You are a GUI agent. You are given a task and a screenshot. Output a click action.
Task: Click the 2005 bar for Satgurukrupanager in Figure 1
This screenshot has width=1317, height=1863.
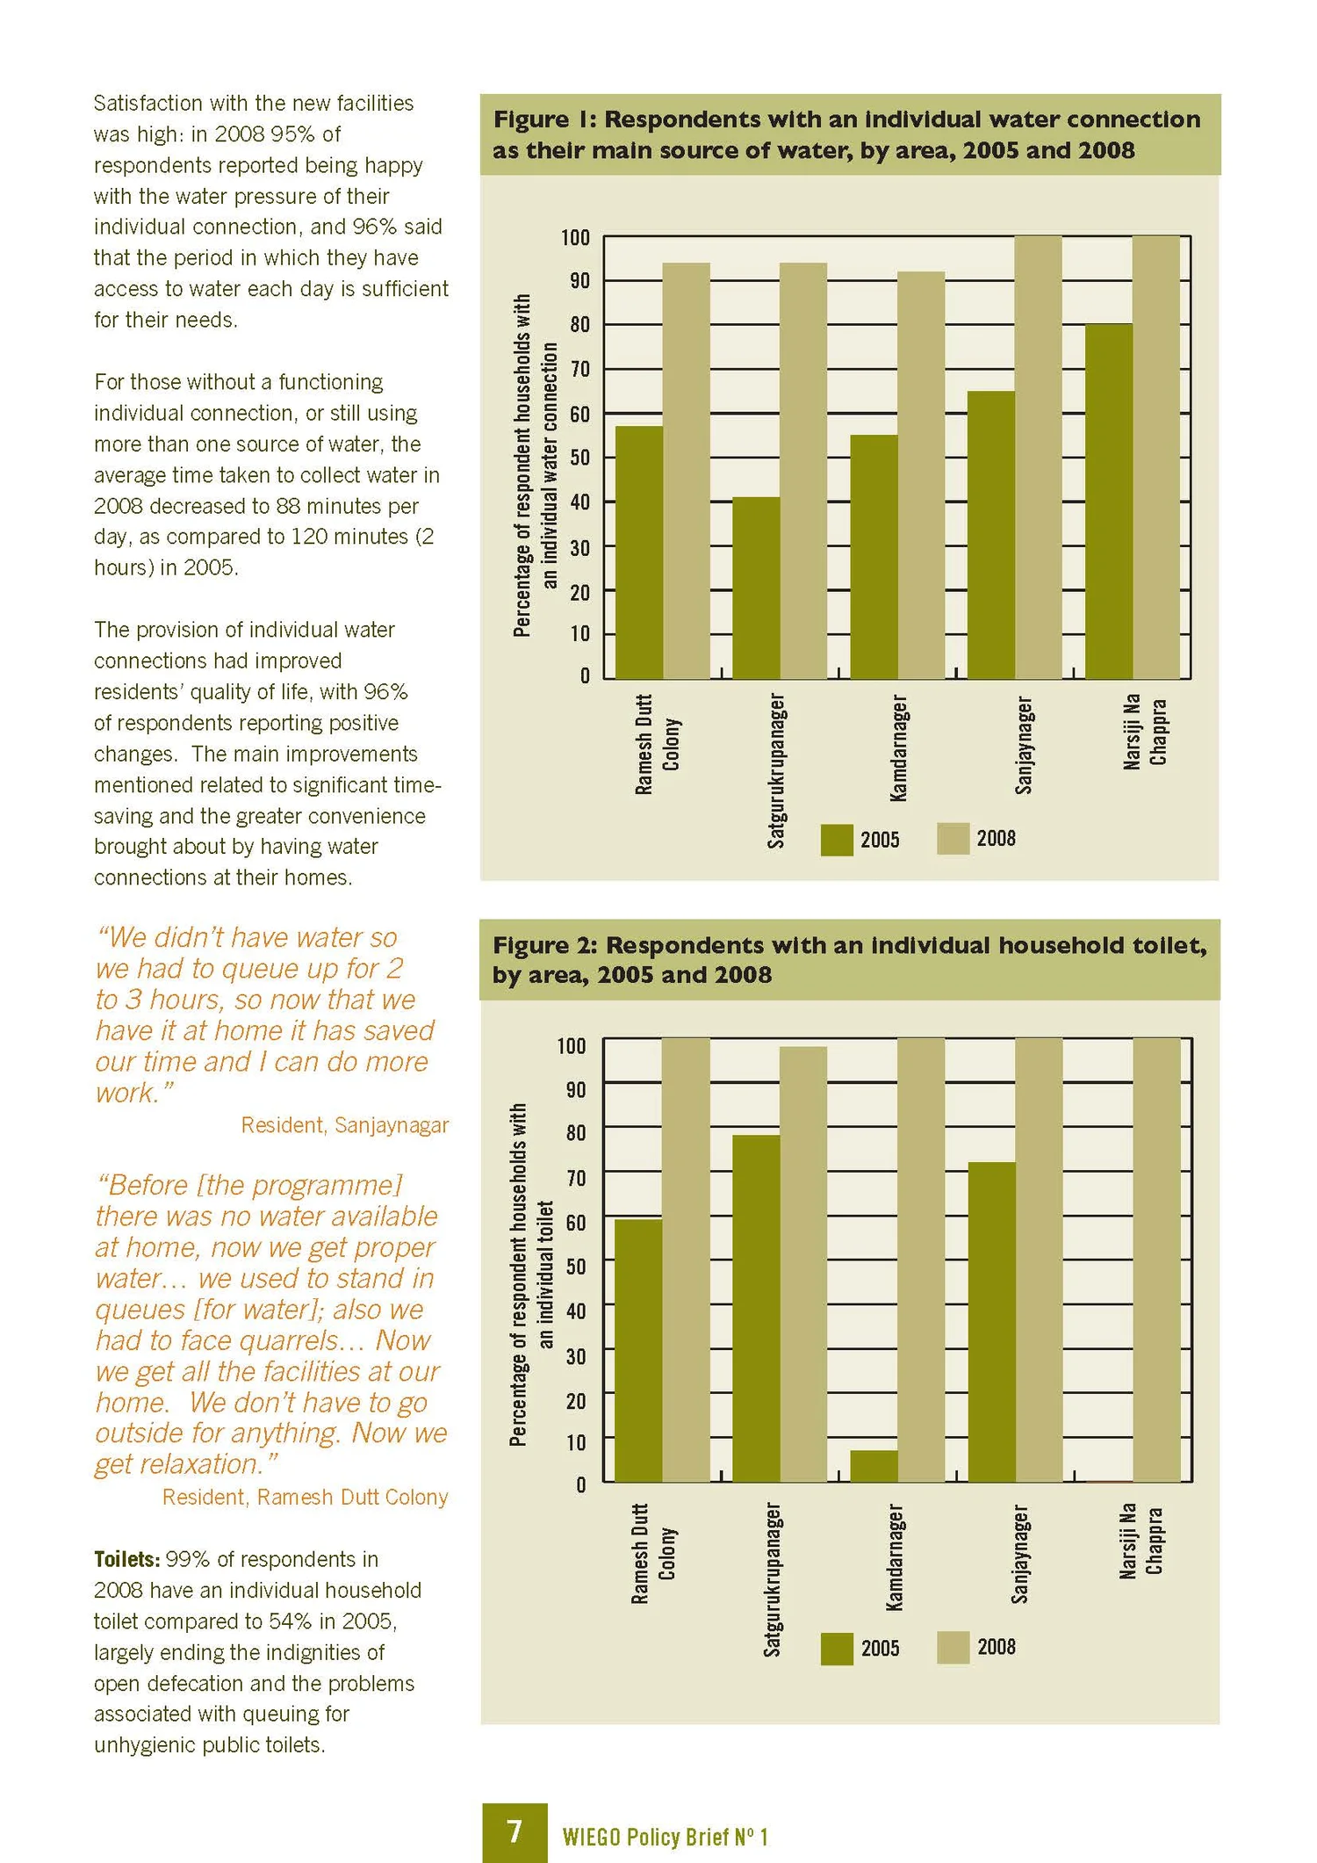click(756, 588)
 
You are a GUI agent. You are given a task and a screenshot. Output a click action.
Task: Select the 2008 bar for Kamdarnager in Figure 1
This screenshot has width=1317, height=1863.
click(921, 474)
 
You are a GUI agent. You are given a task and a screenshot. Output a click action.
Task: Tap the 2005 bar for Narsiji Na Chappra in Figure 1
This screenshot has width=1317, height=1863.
click(1109, 501)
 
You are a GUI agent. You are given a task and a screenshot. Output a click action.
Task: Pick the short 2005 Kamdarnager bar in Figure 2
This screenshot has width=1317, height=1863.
click(874, 1466)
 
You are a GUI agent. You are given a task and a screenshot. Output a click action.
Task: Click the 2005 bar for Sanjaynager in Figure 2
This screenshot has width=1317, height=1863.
click(992, 1322)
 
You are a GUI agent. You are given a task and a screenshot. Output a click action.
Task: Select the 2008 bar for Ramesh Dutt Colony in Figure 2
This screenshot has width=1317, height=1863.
click(686, 1260)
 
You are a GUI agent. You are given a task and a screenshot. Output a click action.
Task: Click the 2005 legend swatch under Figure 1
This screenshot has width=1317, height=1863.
click(837, 840)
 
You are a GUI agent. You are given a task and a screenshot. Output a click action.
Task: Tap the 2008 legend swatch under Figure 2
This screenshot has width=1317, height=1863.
click(954, 1648)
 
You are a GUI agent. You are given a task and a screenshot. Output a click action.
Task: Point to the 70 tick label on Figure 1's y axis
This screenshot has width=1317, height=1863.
click(579, 369)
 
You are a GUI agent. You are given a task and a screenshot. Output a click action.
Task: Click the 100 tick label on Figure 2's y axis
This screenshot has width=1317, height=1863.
click(572, 1046)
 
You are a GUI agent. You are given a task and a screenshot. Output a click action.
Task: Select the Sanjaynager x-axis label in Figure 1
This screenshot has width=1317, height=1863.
click(1024, 745)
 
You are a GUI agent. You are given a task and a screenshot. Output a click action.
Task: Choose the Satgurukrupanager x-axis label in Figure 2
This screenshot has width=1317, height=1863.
click(772, 1580)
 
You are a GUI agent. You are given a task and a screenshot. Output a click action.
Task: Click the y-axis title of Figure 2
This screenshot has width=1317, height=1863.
click(532, 1274)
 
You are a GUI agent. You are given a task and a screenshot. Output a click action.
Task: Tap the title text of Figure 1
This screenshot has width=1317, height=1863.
click(846, 134)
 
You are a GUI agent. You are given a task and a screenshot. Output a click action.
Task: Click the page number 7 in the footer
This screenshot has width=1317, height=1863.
click(515, 1831)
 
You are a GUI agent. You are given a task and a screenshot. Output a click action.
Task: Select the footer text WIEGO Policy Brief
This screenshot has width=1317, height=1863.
click(665, 1837)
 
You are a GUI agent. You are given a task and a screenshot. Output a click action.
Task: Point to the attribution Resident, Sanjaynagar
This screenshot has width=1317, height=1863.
click(345, 1125)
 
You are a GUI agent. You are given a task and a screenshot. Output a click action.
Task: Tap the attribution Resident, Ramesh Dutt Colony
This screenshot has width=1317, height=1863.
click(306, 1497)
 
